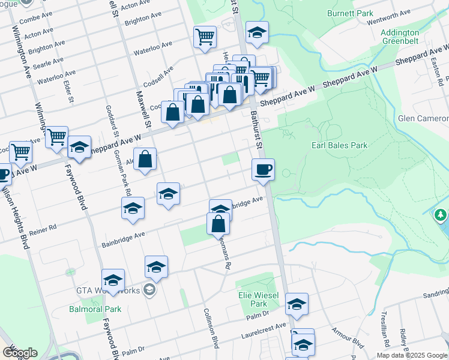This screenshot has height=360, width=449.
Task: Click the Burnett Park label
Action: [x=350, y=13]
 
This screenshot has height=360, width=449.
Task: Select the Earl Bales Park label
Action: [x=339, y=145]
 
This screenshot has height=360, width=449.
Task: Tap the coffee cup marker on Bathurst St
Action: [x=262, y=170]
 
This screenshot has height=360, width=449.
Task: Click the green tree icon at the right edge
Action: [x=441, y=214]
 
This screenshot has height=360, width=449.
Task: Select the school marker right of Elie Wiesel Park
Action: [x=297, y=304]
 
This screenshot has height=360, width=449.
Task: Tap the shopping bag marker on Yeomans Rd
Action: [x=218, y=224]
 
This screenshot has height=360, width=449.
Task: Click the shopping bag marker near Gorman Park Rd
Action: [x=145, y=160]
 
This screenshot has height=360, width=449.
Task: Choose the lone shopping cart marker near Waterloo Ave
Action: [x=205, y=37]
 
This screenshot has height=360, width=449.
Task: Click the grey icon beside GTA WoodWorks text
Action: [x=149, y=291]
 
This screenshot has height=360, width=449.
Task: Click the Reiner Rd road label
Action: [x=45, y=229]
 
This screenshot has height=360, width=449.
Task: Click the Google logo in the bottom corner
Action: [x=20, y=353]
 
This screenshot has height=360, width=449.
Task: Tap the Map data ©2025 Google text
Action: [x=411, y=355]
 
